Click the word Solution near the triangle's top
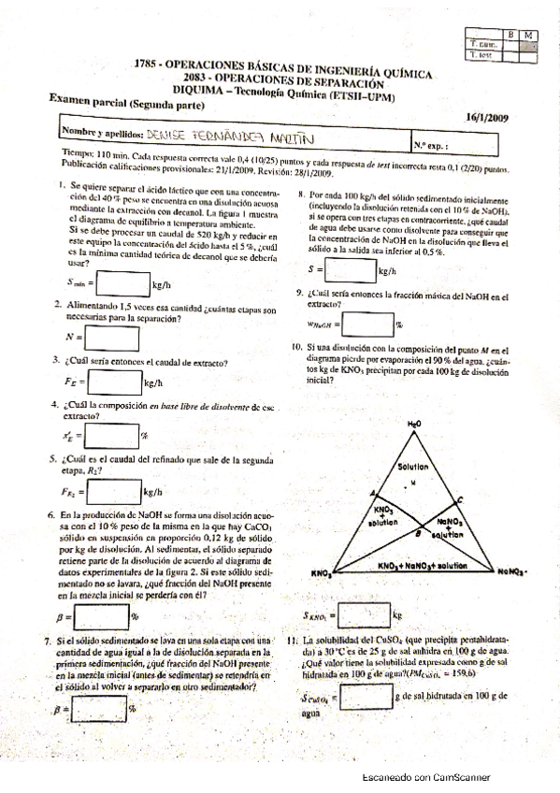click(412, 466)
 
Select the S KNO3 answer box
click(364, 614)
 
